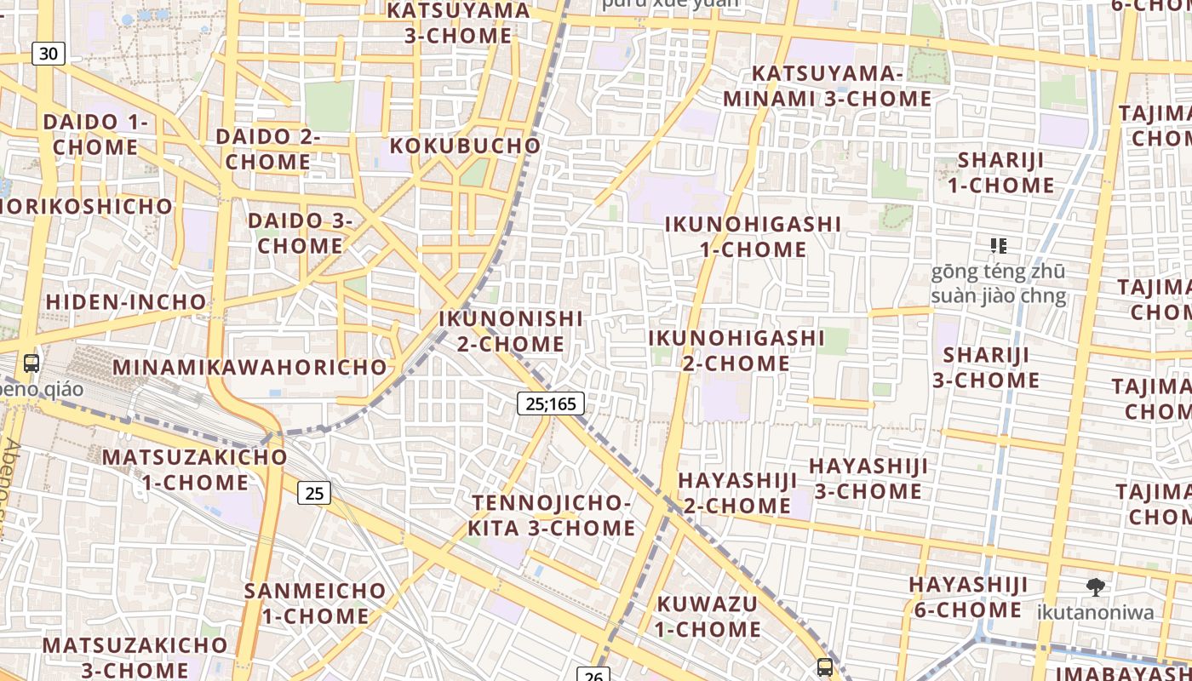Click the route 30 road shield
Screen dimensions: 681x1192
[x=49, y=54]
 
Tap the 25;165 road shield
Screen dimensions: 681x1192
[x=551, y=403]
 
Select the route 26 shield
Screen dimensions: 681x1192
[x=593, y=676]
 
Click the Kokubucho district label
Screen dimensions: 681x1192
[x=465, y=146]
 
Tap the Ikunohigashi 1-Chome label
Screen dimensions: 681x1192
[x=753, y=237]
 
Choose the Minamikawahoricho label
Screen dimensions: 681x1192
[x=250, y=368]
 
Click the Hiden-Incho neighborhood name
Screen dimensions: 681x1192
[x=126, y=302]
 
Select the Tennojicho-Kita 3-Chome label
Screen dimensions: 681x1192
[x=552, y=515]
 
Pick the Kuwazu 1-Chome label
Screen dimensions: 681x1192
[x=708, y=616]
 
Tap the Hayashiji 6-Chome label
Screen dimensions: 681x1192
[x=968, y=597]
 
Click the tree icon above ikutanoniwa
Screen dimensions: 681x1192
[x=1096, y=586]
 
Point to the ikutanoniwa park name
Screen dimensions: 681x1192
[x=1096, y=612]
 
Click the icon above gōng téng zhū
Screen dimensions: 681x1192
[x=999, y=246]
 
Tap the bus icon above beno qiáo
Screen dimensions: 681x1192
[x=32, y=363]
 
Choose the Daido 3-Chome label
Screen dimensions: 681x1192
[x=301, y=233]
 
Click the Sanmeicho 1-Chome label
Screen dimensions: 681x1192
[x=315, y=603]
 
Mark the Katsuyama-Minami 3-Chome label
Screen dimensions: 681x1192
[x=827, y=86]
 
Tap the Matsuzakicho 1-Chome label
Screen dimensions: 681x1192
[x=195, y=470]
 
